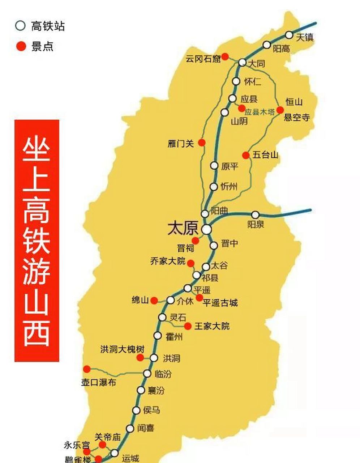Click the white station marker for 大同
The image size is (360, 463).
(242, 62)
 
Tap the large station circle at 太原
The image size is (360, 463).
(207, 229)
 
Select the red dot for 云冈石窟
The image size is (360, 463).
(225, 56)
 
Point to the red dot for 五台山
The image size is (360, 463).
(246, 155)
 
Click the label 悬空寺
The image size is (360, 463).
(297, 117)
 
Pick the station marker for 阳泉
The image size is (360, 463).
(255, 215)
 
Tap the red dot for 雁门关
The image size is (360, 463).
(202, 143)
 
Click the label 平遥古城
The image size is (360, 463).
(220, 303)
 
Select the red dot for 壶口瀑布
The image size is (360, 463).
(87, 369)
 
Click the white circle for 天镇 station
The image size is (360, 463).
(289, 35)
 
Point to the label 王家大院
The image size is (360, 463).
(212, 326)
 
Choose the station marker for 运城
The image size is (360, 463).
(115, 453)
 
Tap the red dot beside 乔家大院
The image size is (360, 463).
(190, 263)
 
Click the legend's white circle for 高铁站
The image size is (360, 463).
(21, 26)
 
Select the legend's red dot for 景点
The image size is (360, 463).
(21, 46)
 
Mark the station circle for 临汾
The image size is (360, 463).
(147, 374)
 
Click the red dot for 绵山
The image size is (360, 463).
(154, 300)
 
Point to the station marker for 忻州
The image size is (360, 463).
(214, 187)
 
